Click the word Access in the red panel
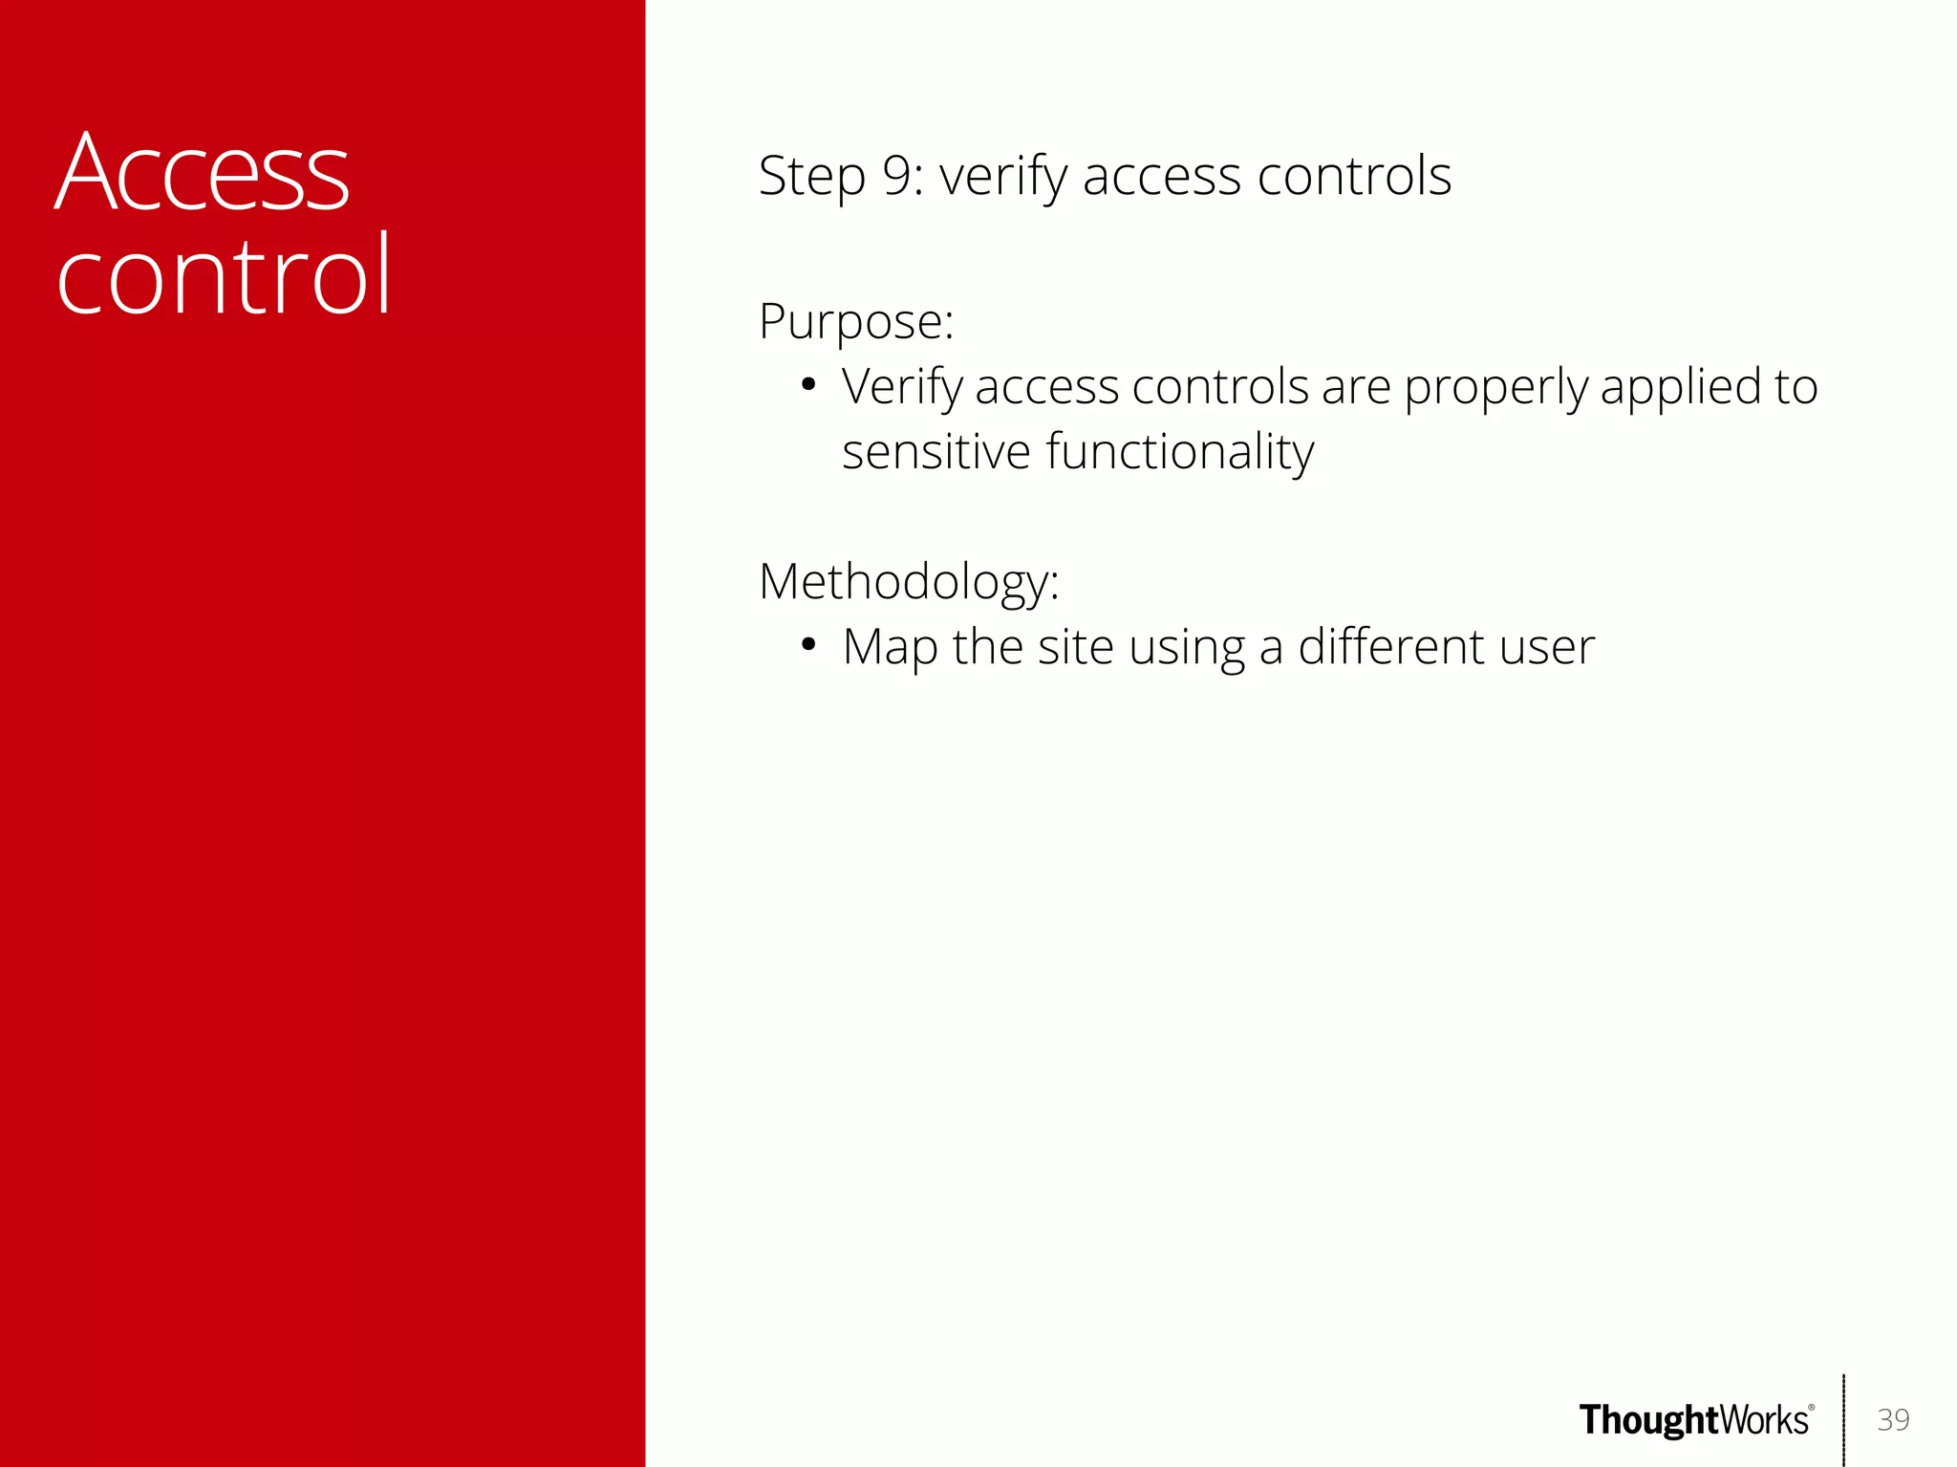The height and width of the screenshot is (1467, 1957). pyautogui.click(x=203, y=174)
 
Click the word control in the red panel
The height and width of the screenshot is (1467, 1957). pyautogui.click(x=224, y=277)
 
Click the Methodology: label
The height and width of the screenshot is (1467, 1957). pyautogui.click(x=909, y=582)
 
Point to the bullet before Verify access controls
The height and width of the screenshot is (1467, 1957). pyautogui.click(x=808, y=385)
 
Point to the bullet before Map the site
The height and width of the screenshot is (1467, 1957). pyautogui.click(x=808, y=645)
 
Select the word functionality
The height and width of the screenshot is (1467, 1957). pyautogui.click(x=1180, y=453)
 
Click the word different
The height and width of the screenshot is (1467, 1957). pyautogui.click(x=1390, y=647)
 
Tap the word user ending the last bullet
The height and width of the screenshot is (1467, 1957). pyautogui.click(x=1547, y=648)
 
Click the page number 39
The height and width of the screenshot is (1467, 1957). pyautogui.click(x=1893, y=1419)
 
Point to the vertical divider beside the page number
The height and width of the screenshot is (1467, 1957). pyautogui.click(x=1843, y=1419)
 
